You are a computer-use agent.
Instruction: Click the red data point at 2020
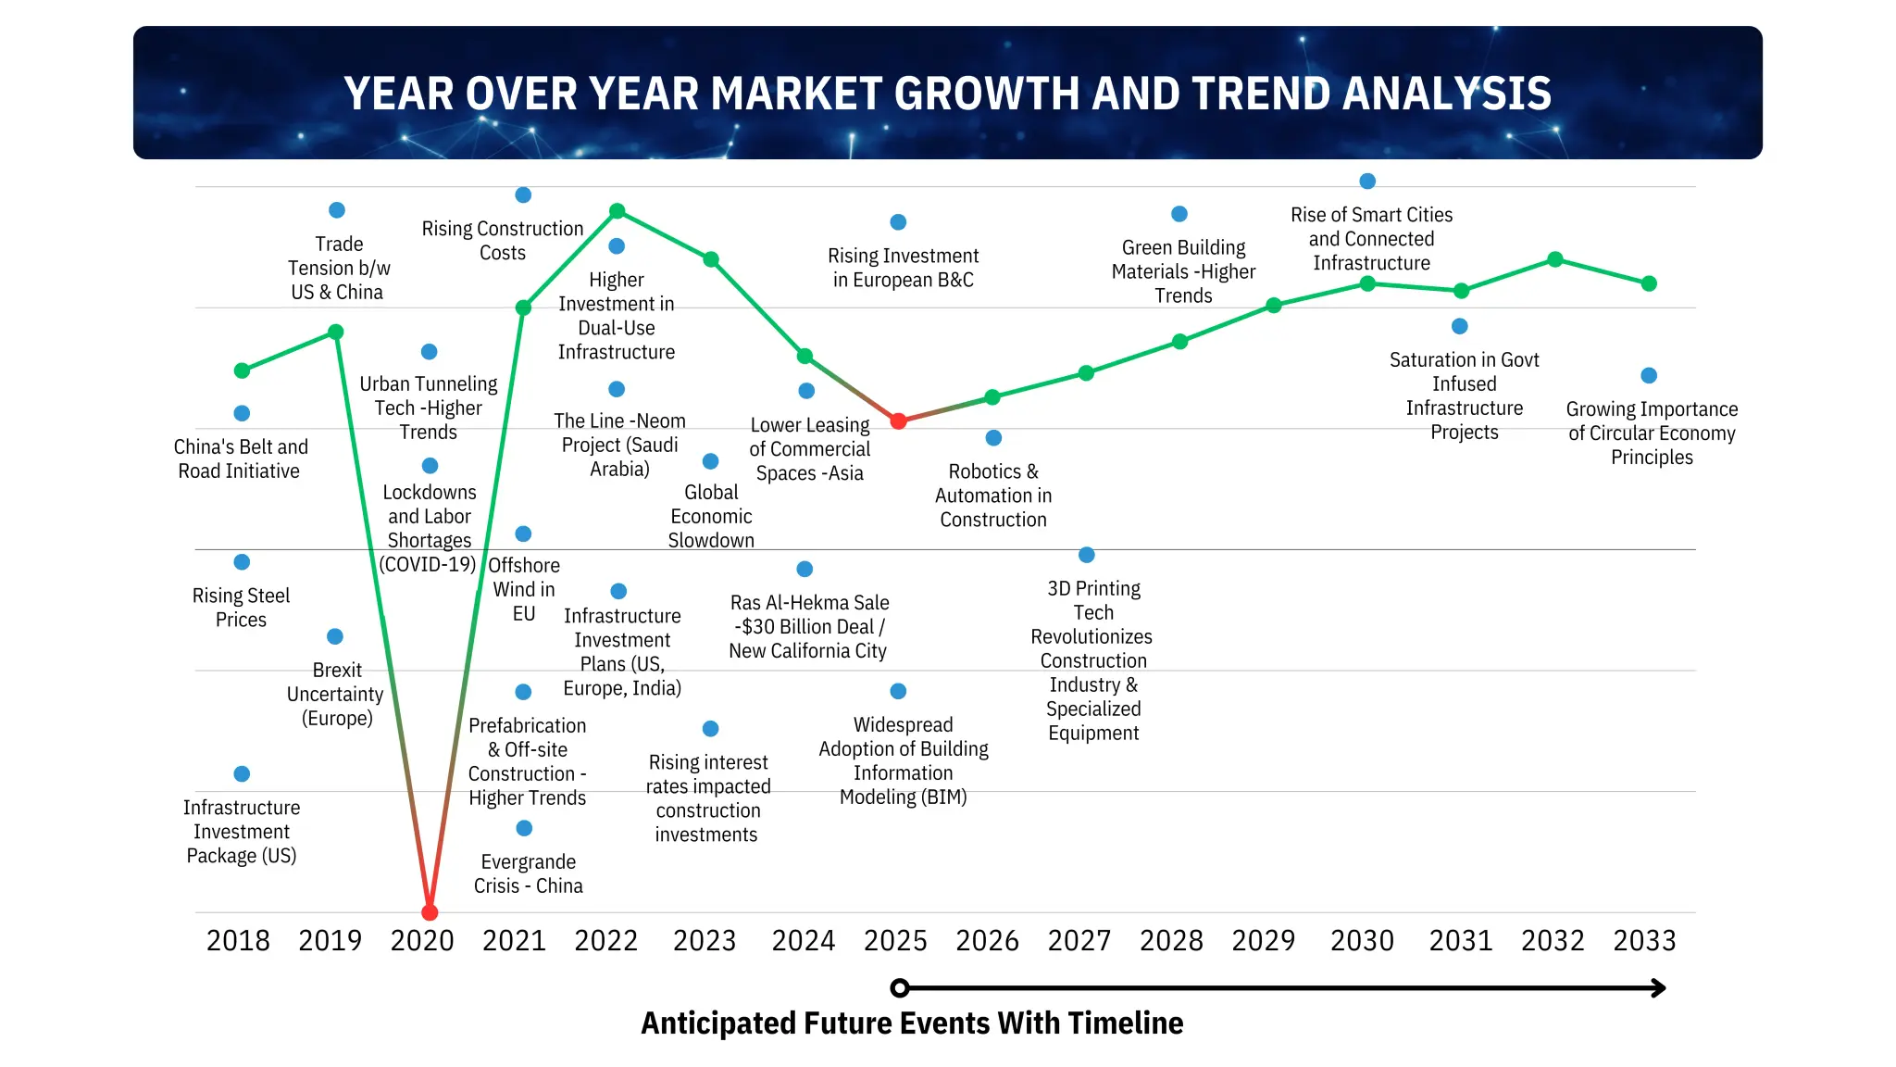(x=430, y=912)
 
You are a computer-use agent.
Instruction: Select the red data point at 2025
(x=898, y=421)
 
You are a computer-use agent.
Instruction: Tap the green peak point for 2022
(x=617, y=211)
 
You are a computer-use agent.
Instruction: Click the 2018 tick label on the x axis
(x=238, y=941)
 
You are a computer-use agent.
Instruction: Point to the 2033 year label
(x=1644, y=941)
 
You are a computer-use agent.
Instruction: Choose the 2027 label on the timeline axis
(x=1079, y=941)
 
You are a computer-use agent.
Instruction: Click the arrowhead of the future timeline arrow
(x=1660, y=988)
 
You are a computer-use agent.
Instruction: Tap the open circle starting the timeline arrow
(x=899, y=988)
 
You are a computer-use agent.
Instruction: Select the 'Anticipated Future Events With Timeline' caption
(x=912, y=1023)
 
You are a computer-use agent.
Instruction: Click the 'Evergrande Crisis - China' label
(x=528, y=874)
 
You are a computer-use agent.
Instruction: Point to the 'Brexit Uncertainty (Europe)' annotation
(x=336, y=694)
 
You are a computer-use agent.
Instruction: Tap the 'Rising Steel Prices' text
(x=241, y=608)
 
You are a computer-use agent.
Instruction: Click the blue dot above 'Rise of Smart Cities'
(x=1367, y=182)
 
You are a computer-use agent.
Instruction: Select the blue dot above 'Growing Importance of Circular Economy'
(x=1649, y=376)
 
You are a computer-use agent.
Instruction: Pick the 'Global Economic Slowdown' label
(x=711, y=516)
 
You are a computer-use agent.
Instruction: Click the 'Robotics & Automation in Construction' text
(x=993, y=496)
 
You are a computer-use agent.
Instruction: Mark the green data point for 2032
(x=1555, y=259)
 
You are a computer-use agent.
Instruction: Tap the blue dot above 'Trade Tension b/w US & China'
(x=337, y=210)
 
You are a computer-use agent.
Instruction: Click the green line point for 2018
(x=242, y=370)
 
